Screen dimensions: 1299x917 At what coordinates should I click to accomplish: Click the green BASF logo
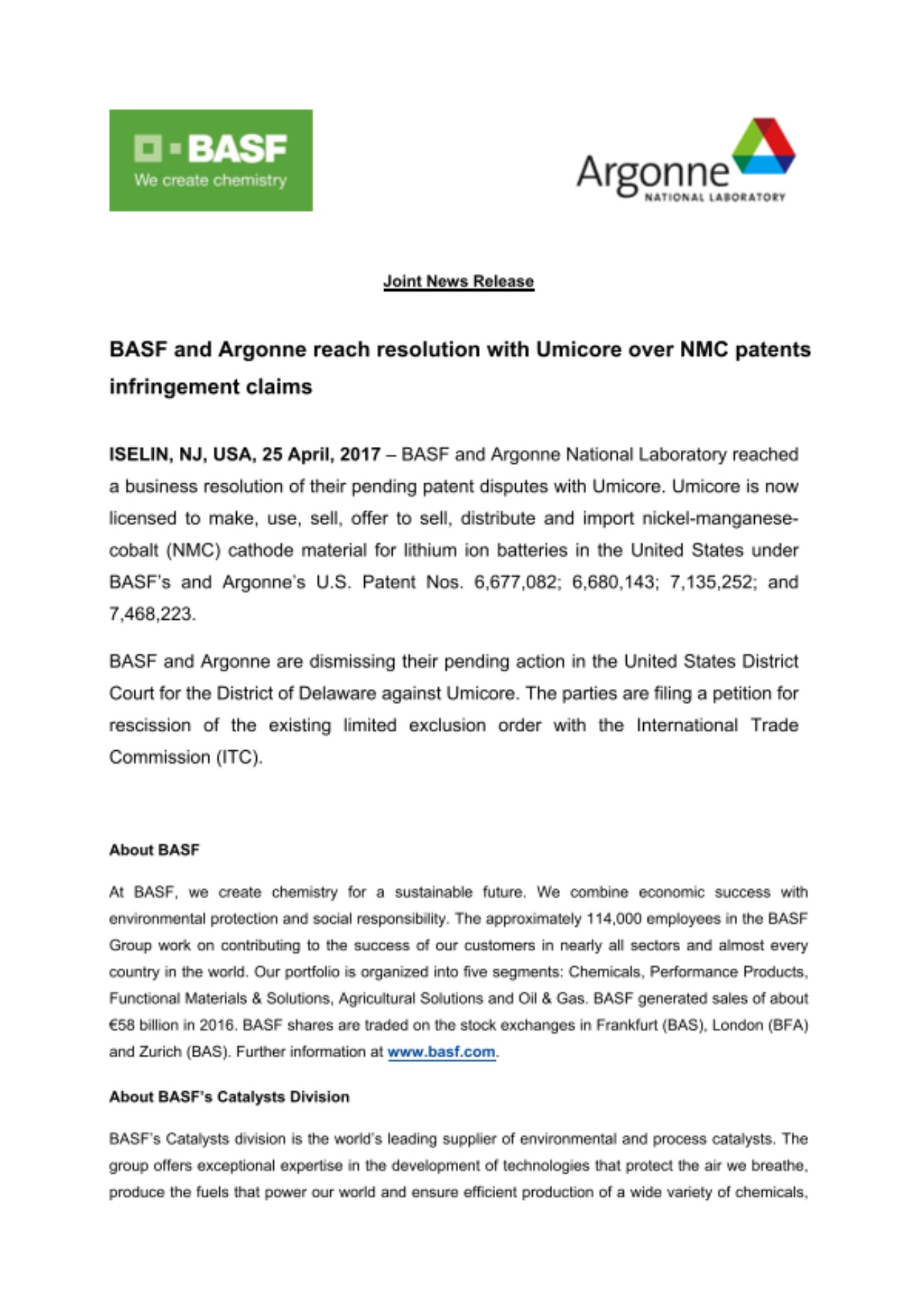point(210,160)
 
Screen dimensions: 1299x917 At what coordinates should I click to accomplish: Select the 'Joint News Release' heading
point(458,281)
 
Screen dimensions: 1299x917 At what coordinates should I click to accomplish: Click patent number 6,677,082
point(516,582)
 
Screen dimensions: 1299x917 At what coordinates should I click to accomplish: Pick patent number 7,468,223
point(151,614)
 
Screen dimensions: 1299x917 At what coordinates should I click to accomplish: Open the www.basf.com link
point(441,1052)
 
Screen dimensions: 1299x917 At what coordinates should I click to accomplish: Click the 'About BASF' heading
point(154,850)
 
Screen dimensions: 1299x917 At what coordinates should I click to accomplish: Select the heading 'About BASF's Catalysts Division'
point(229,1097)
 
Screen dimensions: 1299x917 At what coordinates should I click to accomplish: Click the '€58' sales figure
point(122,1025)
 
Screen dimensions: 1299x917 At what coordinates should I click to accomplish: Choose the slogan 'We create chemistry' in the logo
point(210,181)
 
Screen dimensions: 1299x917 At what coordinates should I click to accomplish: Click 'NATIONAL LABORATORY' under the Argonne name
point(714,197)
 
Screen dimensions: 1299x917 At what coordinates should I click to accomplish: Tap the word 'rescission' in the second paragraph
point(150,725)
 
